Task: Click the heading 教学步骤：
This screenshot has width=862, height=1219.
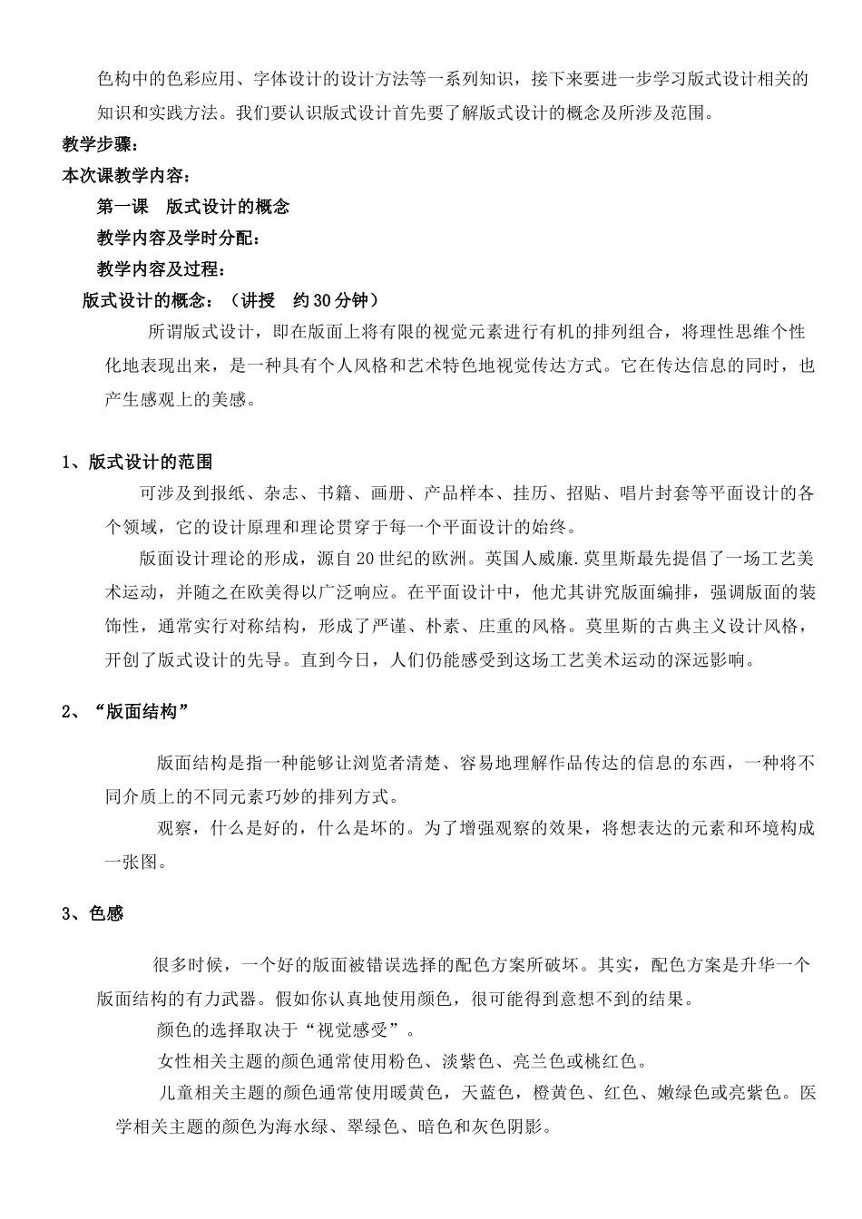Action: tap(100, 144)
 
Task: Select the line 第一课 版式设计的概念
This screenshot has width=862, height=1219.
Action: tap(193, 207)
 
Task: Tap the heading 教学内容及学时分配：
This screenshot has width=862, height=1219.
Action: tap(179, 238)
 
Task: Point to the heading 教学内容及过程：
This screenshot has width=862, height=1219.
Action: tap(161, 269)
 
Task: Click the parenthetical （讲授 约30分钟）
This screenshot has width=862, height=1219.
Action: tap(304, 300)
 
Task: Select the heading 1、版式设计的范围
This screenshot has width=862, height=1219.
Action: tap(137, 463)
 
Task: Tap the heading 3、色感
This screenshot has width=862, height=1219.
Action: tap(93, 913)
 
